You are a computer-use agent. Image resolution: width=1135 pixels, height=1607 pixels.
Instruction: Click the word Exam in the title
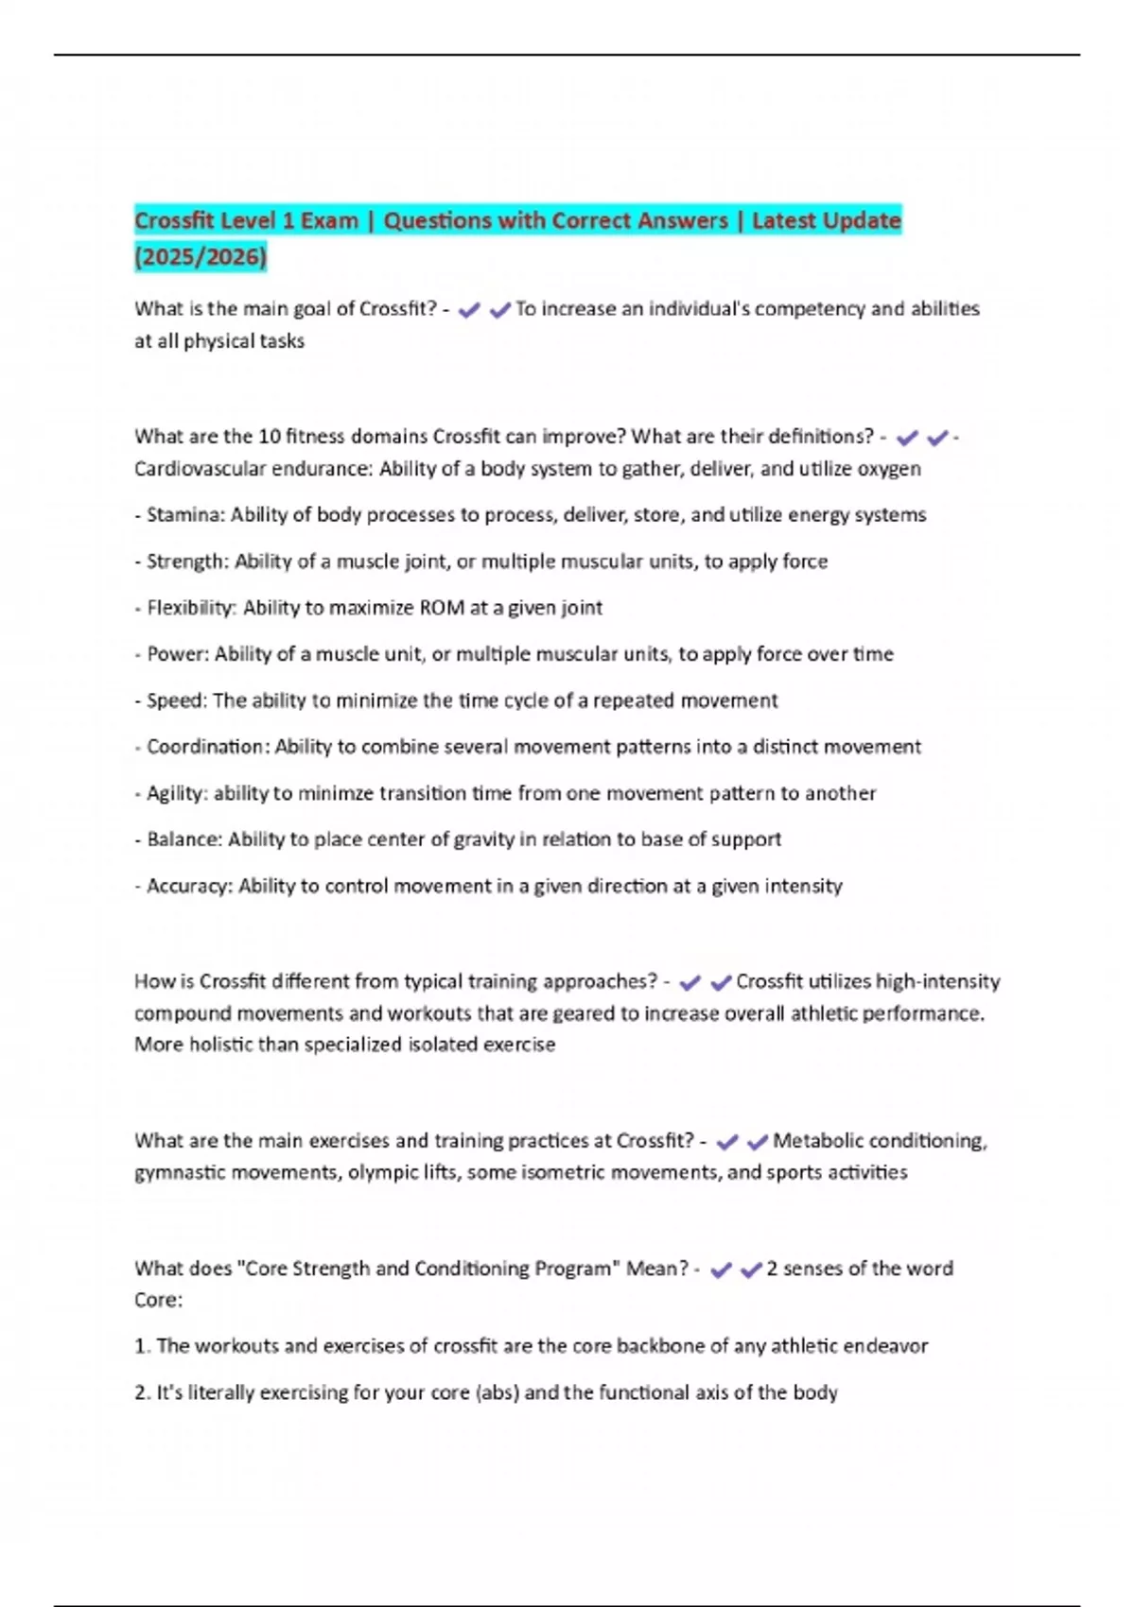(x=329, y=221)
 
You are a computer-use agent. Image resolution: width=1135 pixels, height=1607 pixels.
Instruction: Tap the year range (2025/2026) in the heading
(x=201, y=256)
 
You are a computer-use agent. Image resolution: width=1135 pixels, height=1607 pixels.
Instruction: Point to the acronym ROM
(x=441, y=608)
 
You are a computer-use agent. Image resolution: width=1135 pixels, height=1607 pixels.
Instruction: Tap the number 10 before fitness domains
(x=269, y=437)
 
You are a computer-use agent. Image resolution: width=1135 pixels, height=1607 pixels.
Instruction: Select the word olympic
(x=379, y=1172)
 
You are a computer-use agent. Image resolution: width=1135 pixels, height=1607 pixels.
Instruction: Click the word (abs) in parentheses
(x=497, y=1392)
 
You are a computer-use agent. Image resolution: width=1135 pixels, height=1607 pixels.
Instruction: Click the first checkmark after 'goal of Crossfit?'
(x=468, y=309)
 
